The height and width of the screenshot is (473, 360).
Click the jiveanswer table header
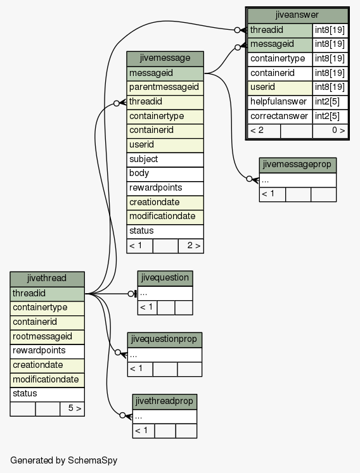[297, 16]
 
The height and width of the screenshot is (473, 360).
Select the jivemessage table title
[165, 58]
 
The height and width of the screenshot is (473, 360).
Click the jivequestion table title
[165, 278]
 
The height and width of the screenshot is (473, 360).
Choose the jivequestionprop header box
[164, 340]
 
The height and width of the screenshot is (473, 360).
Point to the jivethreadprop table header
[165, 401]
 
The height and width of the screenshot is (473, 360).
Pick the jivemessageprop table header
[297, 165]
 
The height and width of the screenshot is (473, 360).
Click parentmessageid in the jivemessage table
[165, 88]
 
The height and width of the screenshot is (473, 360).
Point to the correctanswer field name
[280, 117]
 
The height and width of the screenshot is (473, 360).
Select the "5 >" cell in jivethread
[72, 409]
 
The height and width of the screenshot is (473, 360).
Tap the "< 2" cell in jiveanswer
[264, 131]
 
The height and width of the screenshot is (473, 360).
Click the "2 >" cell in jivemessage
[191, 246]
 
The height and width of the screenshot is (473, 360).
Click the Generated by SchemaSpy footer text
[64, 460]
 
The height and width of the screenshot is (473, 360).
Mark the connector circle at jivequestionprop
[118, 352]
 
